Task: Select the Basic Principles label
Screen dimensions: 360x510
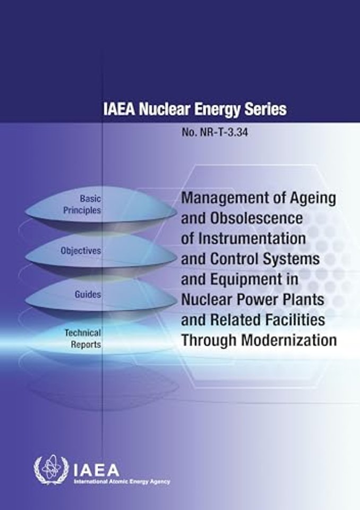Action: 82,205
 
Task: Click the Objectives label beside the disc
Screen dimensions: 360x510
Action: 81,251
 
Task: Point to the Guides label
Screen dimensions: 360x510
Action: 88,294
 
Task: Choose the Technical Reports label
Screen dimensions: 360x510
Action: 83,338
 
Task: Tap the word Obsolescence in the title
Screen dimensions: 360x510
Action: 256,218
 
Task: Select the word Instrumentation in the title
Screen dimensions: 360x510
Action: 252,239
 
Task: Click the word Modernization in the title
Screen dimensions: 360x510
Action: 289,340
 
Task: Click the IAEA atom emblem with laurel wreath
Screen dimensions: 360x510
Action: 52,469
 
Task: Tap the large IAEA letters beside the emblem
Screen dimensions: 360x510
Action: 97,470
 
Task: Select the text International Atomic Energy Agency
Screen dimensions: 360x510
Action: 122,481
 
